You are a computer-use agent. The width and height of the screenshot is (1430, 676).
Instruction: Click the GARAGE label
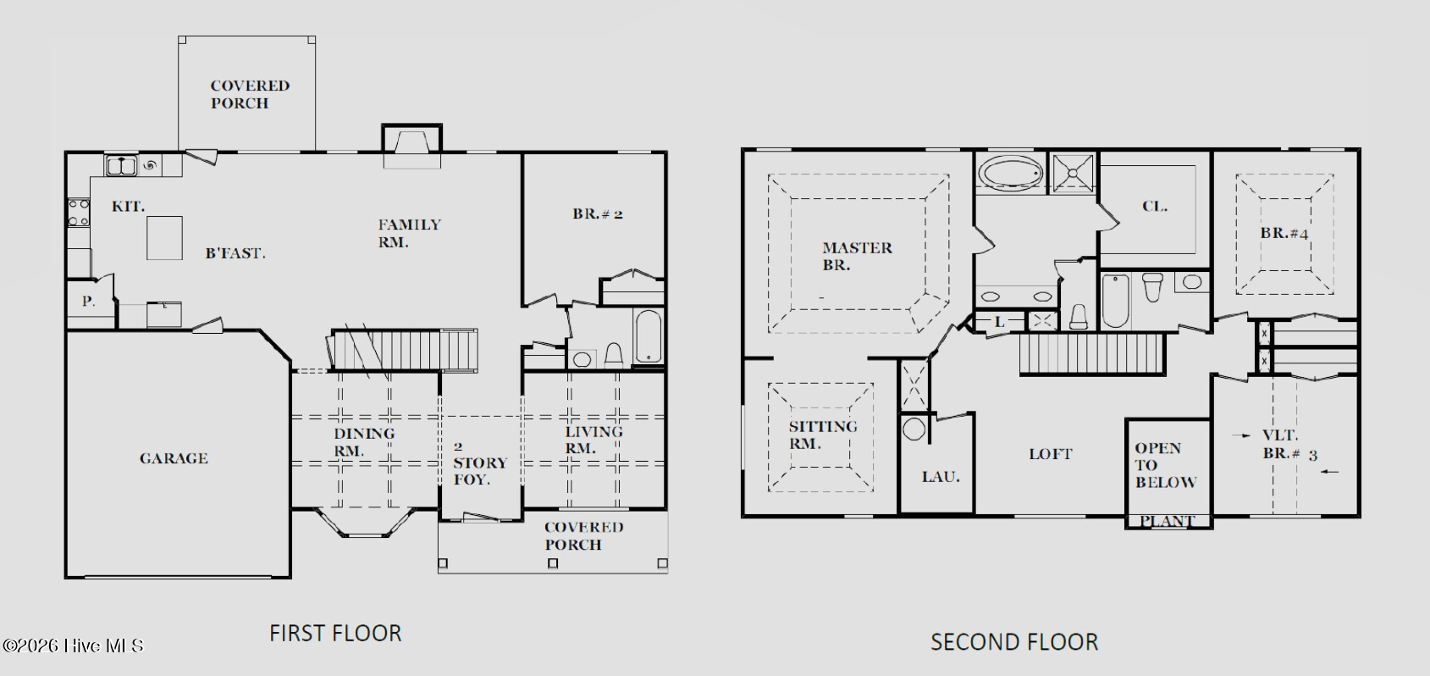(174, 458)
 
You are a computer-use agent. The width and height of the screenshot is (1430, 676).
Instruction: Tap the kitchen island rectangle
(164, 238)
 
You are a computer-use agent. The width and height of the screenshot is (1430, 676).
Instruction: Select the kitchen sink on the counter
(121, 166)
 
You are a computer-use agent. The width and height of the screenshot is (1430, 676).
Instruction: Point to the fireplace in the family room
(411, 147)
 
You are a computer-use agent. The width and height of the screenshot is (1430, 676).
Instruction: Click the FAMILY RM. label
(409, 233)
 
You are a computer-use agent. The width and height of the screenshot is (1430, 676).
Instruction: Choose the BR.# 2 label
(598, 213)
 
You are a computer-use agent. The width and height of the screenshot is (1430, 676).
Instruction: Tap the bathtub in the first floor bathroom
(649, 336)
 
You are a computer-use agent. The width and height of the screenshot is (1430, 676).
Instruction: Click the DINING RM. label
(364, 442)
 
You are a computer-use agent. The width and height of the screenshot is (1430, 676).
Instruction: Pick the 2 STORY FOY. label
(480, 463)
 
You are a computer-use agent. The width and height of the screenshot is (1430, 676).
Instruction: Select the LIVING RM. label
(593, 441)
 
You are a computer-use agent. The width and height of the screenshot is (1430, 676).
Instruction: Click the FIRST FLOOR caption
(335, 633)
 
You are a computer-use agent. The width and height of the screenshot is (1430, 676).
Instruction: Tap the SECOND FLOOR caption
(1013, 641)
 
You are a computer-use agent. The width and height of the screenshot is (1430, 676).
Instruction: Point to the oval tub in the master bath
(1010, 173)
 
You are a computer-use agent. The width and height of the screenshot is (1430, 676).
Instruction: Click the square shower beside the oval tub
(1073, 173)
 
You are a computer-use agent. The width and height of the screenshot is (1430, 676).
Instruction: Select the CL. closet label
(1155, 207)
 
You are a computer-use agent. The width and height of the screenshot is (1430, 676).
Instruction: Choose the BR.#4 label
(1284, 233)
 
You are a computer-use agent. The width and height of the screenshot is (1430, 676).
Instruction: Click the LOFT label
(1050, 454)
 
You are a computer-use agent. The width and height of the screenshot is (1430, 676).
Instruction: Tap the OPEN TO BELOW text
(1165, 465)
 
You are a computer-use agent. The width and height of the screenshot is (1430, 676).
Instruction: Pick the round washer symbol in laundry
(914, 429)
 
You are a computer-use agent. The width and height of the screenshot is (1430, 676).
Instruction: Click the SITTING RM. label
(822, 435)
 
